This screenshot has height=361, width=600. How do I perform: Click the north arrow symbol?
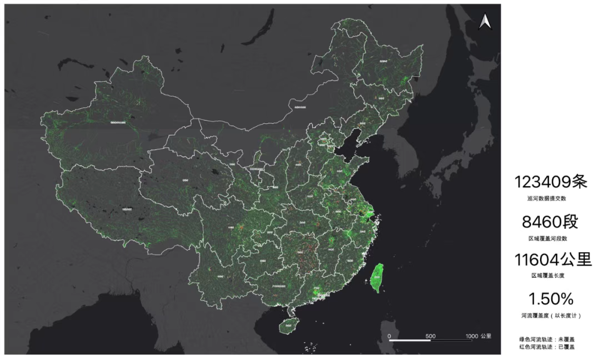point(484,22)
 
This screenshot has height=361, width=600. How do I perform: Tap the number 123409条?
point(550,182)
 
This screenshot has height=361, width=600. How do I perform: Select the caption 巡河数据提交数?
point(550,198)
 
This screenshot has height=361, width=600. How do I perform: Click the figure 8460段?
point(550,222)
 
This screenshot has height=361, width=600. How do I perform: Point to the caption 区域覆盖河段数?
point(550,238)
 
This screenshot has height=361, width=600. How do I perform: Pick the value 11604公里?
point(550,260)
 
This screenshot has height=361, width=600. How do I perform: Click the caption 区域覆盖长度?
point(550,275)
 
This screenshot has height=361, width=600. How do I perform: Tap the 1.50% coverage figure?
point(550,299)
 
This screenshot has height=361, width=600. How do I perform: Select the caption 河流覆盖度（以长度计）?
point(550,315)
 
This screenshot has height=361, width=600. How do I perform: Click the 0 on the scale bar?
point(389,335)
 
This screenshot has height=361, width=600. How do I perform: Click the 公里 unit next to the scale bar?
point(486,335)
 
